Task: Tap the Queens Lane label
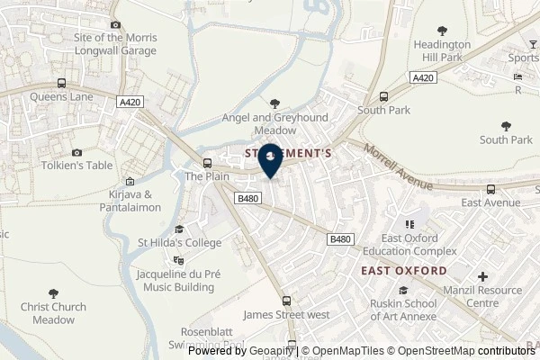point(59,98)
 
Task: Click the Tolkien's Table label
point(76,166)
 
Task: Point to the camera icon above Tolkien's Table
point(76,153)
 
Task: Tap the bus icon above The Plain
point(208,163)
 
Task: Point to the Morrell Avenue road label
point(399,167)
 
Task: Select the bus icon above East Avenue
point(490,190)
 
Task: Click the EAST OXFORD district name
point(403,270)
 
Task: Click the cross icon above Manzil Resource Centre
point(483,276)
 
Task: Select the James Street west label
point(287,314)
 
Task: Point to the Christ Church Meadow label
point(54,312)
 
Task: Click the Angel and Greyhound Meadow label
point(274,123)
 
